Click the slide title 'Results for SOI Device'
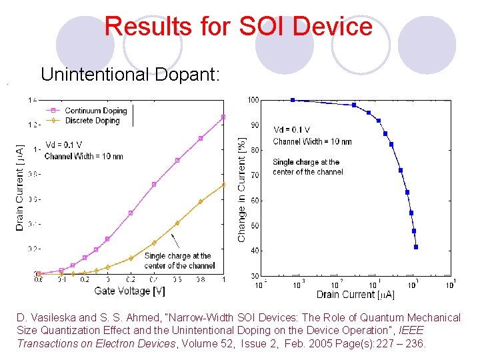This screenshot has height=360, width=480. click(x=238, y=27)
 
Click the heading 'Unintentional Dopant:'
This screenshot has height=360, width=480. click(x=129, y=74)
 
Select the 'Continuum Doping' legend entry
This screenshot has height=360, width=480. click(x=91, y=111)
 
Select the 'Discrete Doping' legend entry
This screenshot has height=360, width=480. click(x=91, y=121)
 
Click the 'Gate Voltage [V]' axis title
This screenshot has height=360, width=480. click(x=130, y=291)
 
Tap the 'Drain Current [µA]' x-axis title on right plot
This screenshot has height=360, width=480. click(x=355, y=294)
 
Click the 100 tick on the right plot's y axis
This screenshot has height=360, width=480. click(x=253, y=100)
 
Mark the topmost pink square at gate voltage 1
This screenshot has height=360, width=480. click(x=223, y=117)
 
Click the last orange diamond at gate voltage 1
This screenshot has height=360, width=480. click(x=223, y=184)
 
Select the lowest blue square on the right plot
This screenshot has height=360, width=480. click(x=416, y=247)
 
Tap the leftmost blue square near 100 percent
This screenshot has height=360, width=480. click(x=293, y=100)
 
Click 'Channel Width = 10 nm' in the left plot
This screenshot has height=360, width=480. click(x=83, y=157)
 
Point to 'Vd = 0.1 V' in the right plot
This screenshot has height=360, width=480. click(x=291, y=130)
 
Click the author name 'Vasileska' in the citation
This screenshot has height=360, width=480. click(x=57, y=318)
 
